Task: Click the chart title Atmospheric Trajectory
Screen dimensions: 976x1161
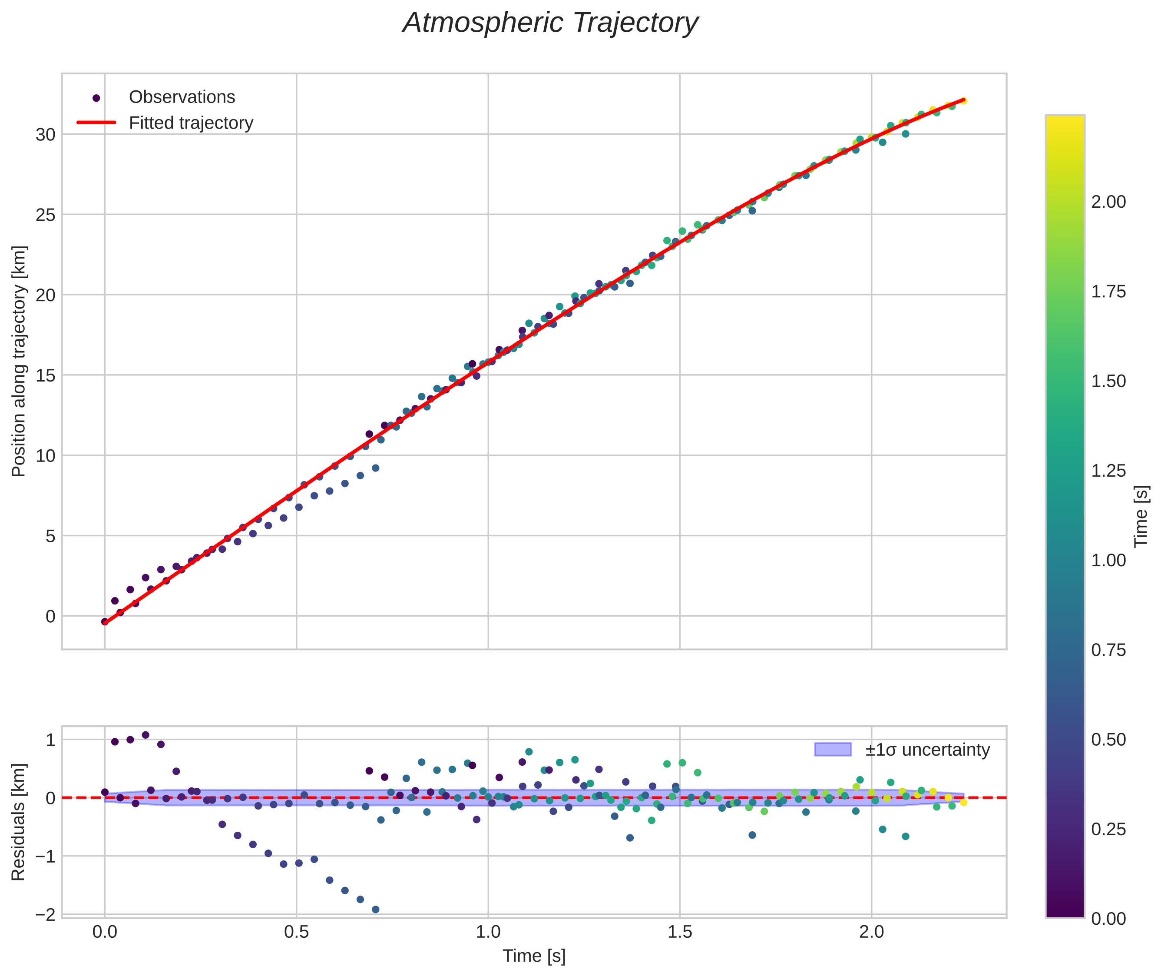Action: (x=550, y=23)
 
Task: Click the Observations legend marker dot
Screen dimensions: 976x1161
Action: (x=96, y=98)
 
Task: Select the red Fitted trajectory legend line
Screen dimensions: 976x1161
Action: (x=96, y=122)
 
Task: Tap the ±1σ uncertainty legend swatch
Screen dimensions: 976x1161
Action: (x=833, y=750)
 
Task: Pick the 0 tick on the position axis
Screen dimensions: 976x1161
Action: (x=50, y=616)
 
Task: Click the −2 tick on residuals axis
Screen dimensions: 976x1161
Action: (x=45, y=915)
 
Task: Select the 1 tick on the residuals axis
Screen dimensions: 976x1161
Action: (x=50, y=740)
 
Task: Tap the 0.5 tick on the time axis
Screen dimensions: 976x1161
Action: (x=297, y=932)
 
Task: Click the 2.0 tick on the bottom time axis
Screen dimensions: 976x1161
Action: (x=872, y=932)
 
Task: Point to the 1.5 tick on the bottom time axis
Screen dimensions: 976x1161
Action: (x=680, y=932)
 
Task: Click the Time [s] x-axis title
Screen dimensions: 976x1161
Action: (x=534, y=956)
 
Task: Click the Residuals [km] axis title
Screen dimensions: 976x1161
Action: (x=19, y=822)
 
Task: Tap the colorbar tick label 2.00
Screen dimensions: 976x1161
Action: (x=1108, y=202)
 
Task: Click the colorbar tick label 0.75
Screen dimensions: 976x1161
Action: (x=1108, y=650)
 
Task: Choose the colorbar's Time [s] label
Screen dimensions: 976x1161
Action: (x=1141, y=516)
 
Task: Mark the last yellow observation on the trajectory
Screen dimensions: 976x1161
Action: (x=963, y=101)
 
